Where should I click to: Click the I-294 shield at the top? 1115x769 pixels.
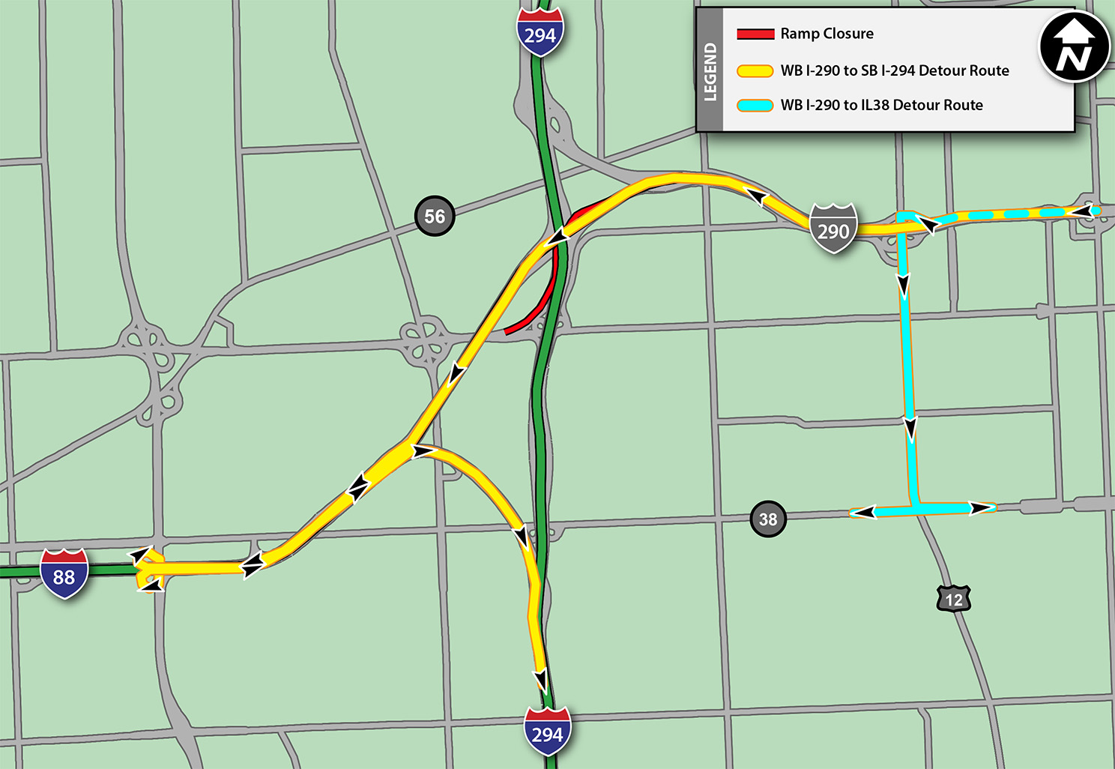[x=540, y=33]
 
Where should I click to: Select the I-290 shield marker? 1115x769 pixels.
[x=833, y=229]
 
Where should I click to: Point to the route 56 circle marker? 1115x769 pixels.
[x=435, y=217]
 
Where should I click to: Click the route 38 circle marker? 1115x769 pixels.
[x=768, y=519]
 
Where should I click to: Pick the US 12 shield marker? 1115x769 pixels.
[x=953, y=599]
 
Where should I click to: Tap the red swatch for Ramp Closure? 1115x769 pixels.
[x=755, y=34]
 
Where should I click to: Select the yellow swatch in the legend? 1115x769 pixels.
[x=755, y=71]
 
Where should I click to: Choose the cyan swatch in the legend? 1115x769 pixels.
[x=755, y=106]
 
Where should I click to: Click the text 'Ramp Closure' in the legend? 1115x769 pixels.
[x=827, y=34]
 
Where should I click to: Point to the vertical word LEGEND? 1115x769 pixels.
[x=710, y=72]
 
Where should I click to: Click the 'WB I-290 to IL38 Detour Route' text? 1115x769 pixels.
[x=881, y=106]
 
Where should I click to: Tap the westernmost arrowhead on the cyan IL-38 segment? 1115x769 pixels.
[x=863, y=513]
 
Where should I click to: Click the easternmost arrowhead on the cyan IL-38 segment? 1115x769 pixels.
[x=980, y=508]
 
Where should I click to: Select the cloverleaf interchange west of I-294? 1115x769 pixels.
[x=423, y=342]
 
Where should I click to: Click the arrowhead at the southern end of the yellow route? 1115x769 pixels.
[x=540, y=681]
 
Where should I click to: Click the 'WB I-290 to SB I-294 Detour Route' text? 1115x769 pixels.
[x=895, y=71]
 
